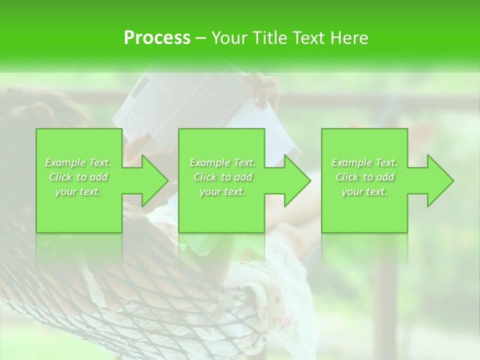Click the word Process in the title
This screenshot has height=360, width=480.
click(157, 38)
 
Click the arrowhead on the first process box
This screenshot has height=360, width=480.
click(150, 180)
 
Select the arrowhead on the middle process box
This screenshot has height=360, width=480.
click(292, 180)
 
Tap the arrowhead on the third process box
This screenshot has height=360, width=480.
click(435, 180)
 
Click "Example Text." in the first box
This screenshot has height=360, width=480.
click(78, 162)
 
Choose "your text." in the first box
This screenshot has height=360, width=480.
click(78, 191)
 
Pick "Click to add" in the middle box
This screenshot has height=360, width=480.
click(222, 177)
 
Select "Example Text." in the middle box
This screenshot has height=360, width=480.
click(222, 162)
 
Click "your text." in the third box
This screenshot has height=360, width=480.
click(364, 191)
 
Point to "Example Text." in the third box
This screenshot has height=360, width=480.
click(364, 162)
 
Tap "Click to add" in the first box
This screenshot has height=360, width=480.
click(78, 177)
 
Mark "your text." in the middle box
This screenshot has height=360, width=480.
click(222, 191)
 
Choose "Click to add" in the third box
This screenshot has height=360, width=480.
click(364, 177)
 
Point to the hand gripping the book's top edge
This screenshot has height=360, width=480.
click(262, 87)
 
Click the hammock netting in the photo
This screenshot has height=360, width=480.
click(75, 310)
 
